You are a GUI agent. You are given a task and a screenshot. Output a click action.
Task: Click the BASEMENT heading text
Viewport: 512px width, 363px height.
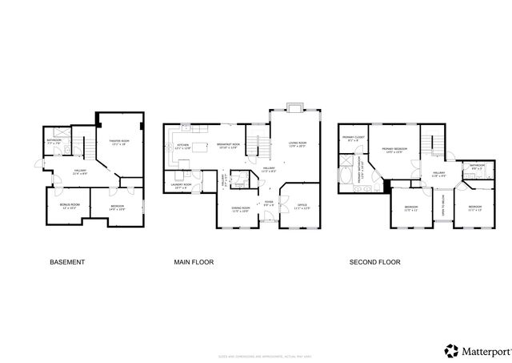(67, 262)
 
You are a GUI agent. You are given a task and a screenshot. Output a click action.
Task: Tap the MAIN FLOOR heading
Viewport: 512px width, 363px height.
(194, 262)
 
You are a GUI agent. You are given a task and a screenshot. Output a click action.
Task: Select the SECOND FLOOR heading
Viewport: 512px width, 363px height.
(374, 262)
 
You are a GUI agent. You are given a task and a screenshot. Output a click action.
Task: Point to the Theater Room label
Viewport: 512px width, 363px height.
(119, 143)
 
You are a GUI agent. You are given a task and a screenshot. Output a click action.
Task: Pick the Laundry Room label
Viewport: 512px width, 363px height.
(182, 186)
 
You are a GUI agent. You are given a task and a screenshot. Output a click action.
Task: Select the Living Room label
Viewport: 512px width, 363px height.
(297, 146)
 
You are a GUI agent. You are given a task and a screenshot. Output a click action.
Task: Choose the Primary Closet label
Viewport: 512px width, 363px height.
(353, 139)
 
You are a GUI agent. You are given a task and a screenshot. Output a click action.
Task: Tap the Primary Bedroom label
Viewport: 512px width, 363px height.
(393, 151)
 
